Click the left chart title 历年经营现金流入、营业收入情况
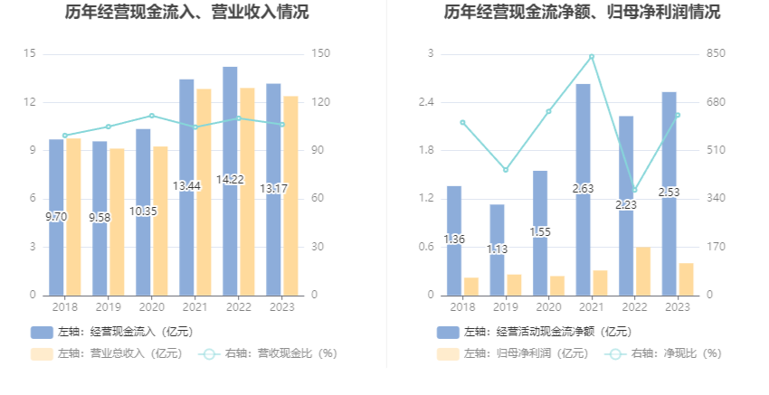[186, 13]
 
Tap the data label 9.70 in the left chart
[56, 217]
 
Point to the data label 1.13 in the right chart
[497, 249]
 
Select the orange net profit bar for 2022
[642, 270]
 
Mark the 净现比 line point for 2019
[506, 170]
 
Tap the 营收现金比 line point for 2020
[151, 116]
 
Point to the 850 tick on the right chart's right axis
[716, 54]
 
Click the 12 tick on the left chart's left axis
[31, 102]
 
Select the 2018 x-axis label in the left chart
[64, 307]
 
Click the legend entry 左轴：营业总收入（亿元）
[107, 353]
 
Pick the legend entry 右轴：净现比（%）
[665, 353]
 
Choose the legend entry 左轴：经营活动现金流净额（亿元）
[535, 332]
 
